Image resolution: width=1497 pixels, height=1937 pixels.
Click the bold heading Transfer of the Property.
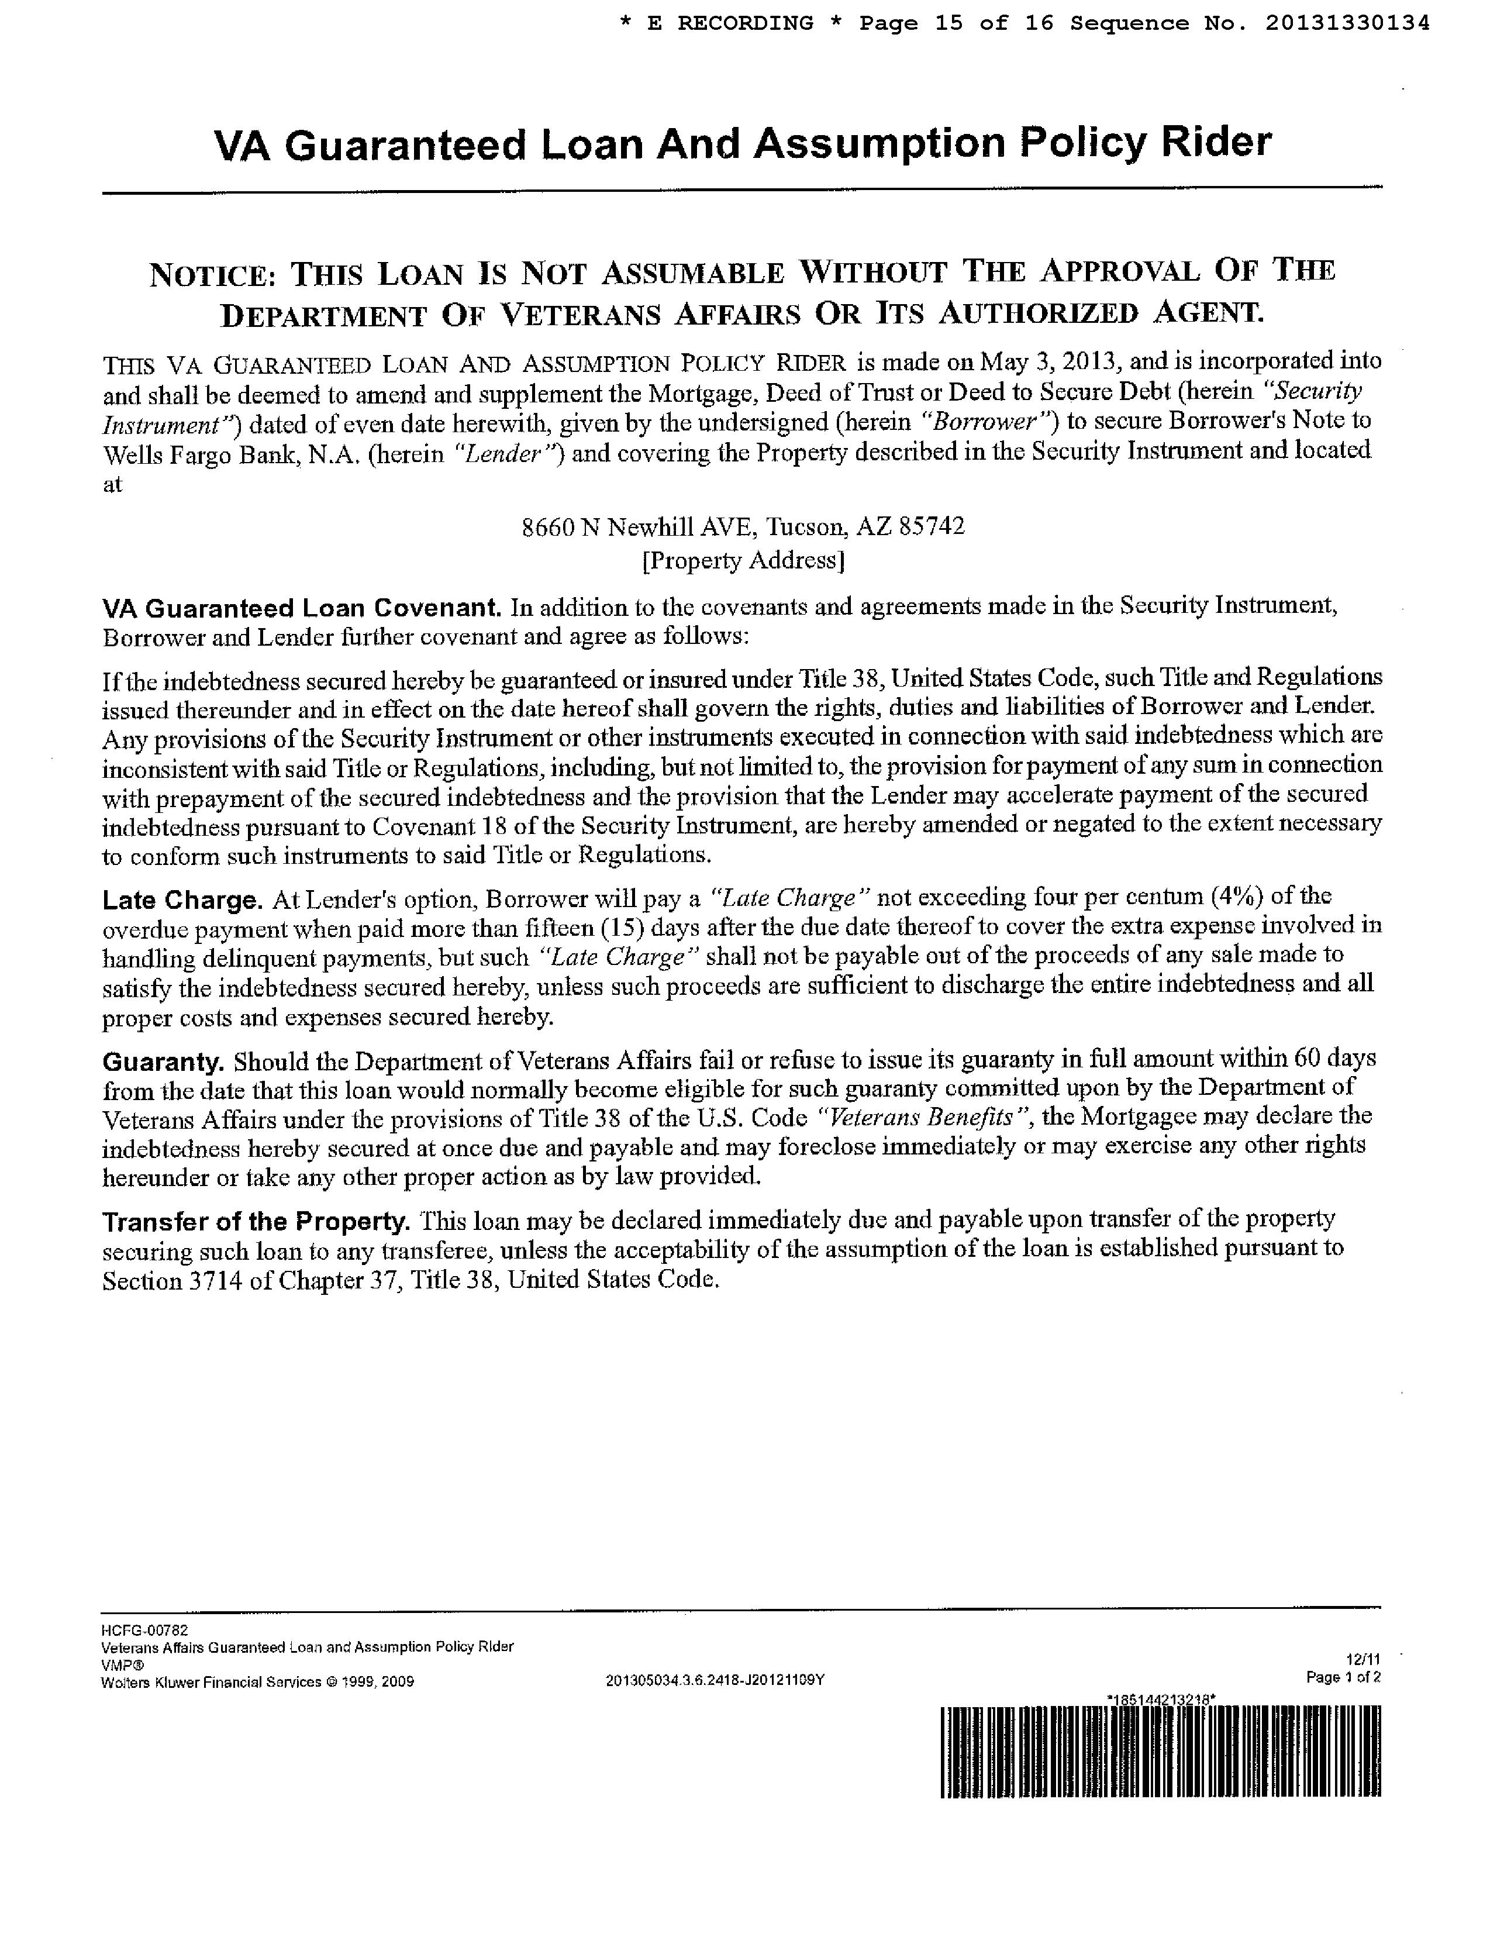256,1222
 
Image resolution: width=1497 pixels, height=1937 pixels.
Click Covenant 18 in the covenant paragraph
434,826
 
